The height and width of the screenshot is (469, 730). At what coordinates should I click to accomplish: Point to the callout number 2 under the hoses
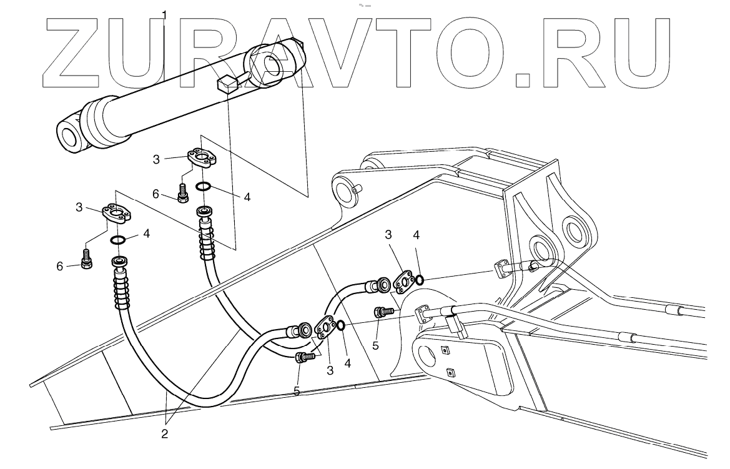165,433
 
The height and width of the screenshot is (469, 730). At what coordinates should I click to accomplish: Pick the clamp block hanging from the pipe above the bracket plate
455,327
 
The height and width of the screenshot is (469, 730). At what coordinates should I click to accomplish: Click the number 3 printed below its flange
330,370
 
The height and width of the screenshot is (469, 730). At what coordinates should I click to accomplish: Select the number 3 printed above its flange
388,235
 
